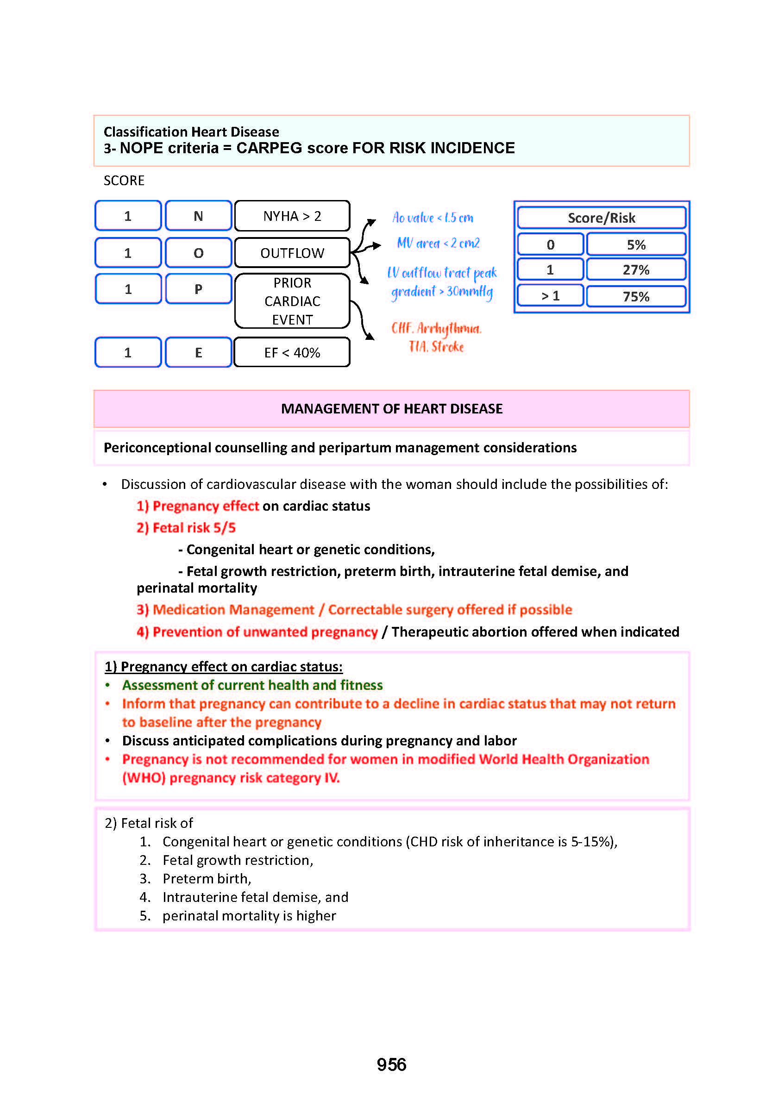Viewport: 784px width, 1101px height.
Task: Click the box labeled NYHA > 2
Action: pos(292,216)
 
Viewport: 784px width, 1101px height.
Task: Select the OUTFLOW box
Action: pos(292,252)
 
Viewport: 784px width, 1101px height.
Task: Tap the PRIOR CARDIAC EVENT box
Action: pos(292,300)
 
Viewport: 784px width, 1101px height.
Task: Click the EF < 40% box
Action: pos(292,352)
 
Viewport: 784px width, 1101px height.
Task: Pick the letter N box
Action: pos(198,216)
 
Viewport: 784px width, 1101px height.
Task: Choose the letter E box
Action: pos(198,352)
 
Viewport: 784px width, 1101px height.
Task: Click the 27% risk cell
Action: pos(636,269)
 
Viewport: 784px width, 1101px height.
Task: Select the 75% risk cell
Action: pos(636,296)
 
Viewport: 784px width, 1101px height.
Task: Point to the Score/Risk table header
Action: pos(601,218)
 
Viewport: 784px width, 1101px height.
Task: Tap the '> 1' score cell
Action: pos(550,296)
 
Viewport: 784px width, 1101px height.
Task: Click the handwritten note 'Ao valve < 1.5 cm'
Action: pos(433,218)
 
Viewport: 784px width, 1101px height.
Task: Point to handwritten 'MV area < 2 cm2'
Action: pos(438,243)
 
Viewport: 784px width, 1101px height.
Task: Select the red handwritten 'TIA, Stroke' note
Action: pos(436,347)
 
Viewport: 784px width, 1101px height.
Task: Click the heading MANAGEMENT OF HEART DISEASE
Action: pos(391,408)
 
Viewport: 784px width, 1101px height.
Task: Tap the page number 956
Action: pos(391,1064)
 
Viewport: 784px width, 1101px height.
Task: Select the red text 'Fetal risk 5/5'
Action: pos(194,527)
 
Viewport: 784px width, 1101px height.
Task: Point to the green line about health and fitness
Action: pos(252,685)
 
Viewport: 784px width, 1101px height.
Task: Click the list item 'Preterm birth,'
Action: pos(207,878)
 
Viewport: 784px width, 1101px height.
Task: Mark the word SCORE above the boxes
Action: pos(124,181)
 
